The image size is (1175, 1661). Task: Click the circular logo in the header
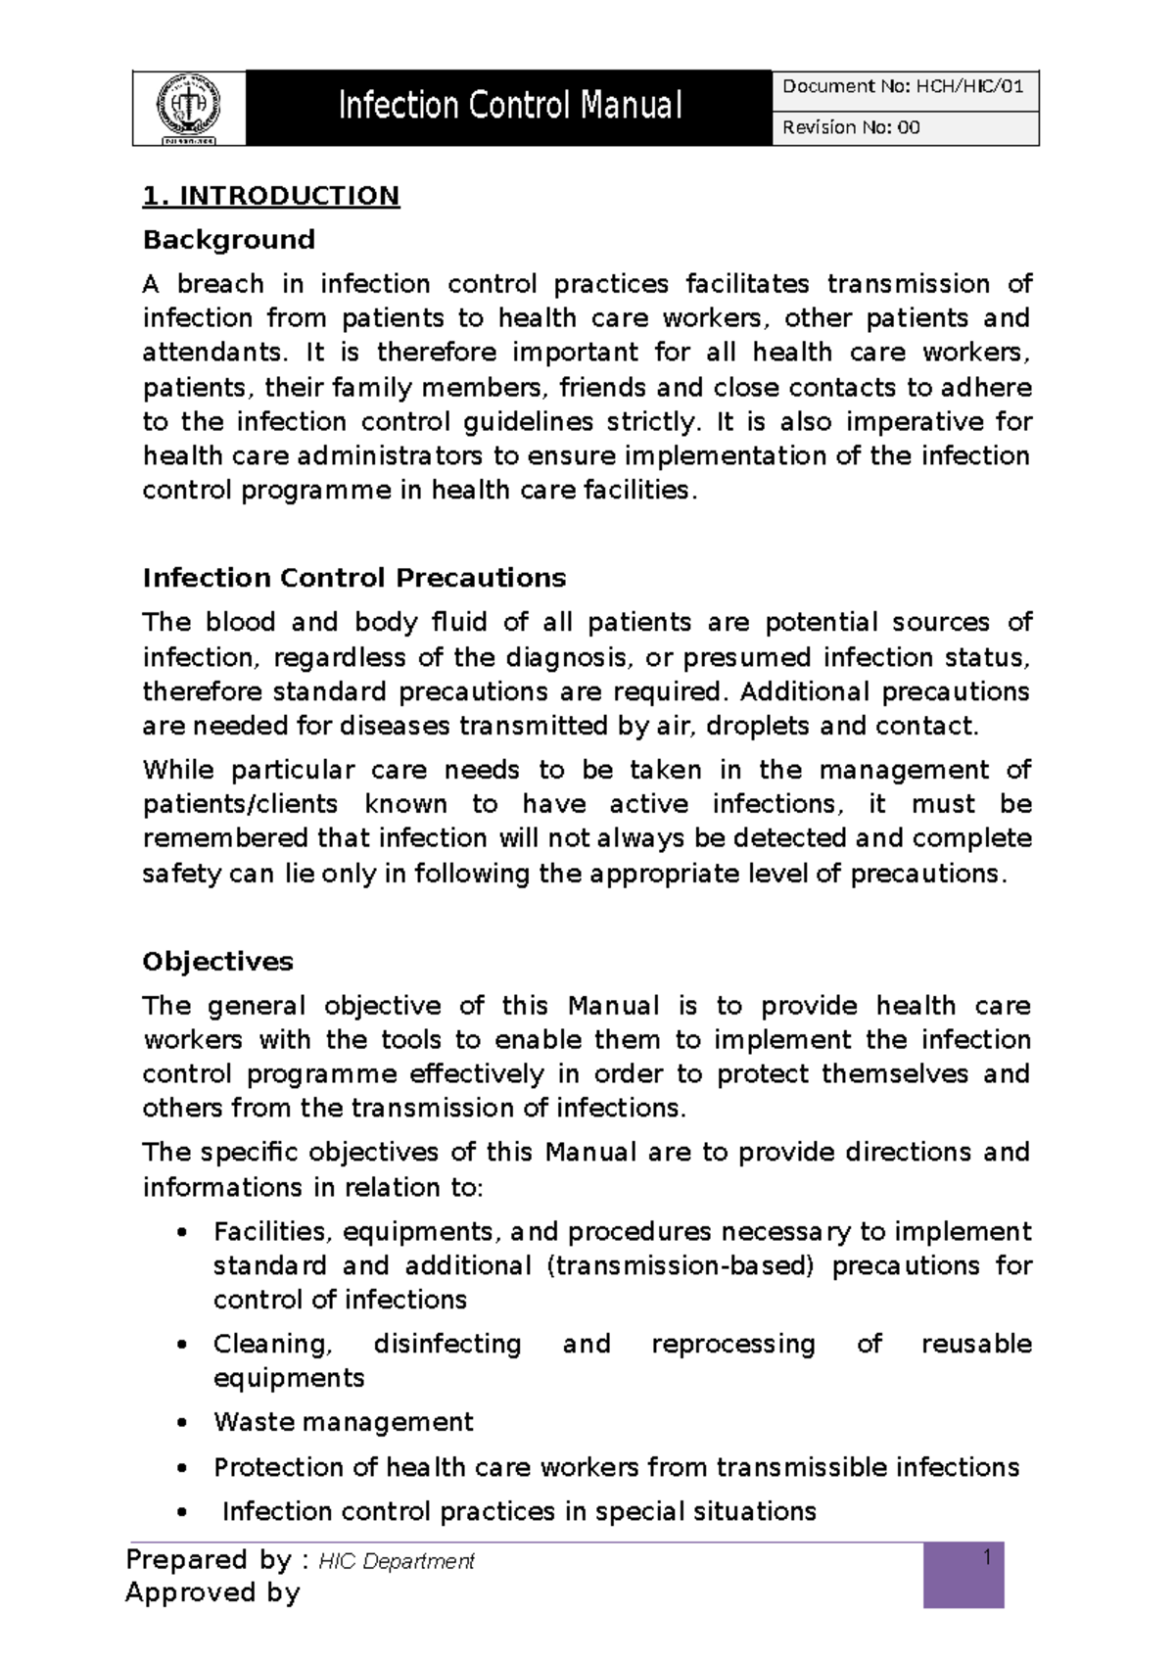click(x=189, y=107)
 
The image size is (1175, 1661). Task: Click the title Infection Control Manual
click(x=509, y=106)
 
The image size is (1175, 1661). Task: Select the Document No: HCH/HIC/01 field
click(x=903, y=87)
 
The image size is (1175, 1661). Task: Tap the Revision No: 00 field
click(x=851, y=127)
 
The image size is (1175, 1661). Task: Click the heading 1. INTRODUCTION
click(x=271, y=196)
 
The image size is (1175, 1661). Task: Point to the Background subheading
click(x=228, y=240)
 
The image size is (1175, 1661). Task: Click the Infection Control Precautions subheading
click(x=353, y=578)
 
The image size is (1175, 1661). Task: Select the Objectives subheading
click(x=217, y=962)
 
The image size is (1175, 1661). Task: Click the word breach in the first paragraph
click(x=220, y=284)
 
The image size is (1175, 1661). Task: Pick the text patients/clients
click(x=240, y=804)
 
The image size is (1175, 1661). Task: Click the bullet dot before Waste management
click(x=181, y=1424)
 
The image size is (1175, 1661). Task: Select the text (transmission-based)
click(x=681, y=1265)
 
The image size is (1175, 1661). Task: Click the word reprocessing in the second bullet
click(x=732, y=1344)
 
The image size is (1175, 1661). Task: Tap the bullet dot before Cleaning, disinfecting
click(x=181, y=1346)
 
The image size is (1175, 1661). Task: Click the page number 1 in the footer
click(x=987, y=1558)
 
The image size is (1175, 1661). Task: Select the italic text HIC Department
click(x=397, y=1562)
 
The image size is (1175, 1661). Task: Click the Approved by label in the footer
click(x=212, y=1593)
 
